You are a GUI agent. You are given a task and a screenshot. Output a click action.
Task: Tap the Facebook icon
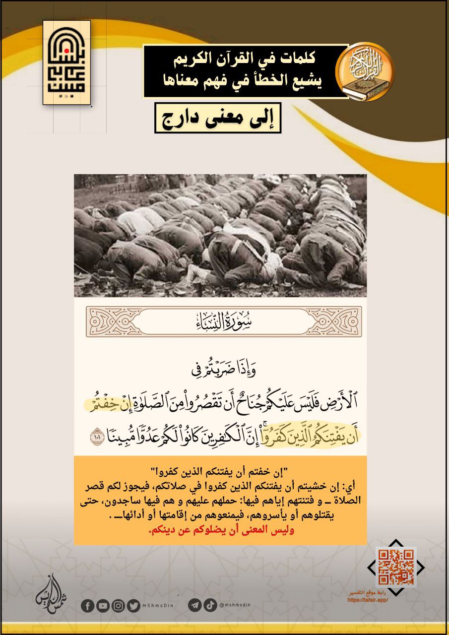tap(87, 606)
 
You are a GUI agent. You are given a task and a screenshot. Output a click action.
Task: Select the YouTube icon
tap(103, 606)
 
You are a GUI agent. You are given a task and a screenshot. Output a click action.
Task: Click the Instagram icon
tap(118, 606)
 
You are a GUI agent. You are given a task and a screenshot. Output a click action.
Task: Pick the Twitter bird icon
tap(133, 606)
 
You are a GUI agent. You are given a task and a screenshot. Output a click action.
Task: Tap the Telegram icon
tap(195, 605)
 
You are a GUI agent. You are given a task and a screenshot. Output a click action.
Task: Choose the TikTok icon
tap(210, 605)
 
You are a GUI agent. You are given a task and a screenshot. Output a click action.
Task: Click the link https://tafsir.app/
tap(368, 599)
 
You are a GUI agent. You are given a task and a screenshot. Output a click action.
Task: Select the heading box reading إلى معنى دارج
tap(218, 118)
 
